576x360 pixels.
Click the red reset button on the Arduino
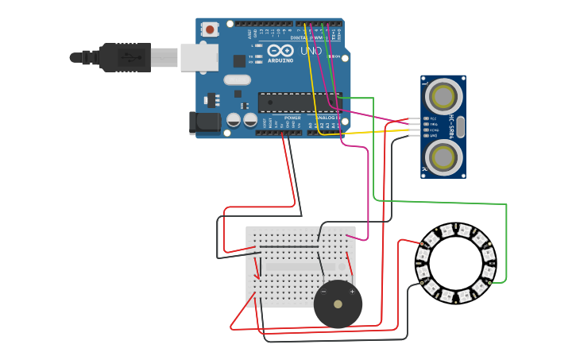pyautogui.click(x=210, y=29)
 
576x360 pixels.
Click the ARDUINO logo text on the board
pyautogui.click(x=280, y=60)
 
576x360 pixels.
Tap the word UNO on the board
pyautogui.click(x=311, y=51)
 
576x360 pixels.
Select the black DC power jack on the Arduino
pyautogui.click(x=204, y=122)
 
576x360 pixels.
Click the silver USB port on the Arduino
pyautogui.click(x=199, y=57)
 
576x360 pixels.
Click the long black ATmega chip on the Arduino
pyautogui.click(x=299, y=102)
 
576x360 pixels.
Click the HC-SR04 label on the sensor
pyautogui.click(x=452, y=127)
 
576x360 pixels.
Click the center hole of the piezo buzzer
pyautogui.click(x=338, y=304)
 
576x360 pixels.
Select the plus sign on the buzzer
pyautogui.click(x=352, y=292)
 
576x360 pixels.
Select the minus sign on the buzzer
pyautogui.click(x=324, y=292)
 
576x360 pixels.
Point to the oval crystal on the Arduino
pyautogui.click(x=237, y=79)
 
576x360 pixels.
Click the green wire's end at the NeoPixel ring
pyautogui.click(x=489, y=282)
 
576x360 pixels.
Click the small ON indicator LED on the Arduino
pyautogui.click(x=337, y=57)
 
